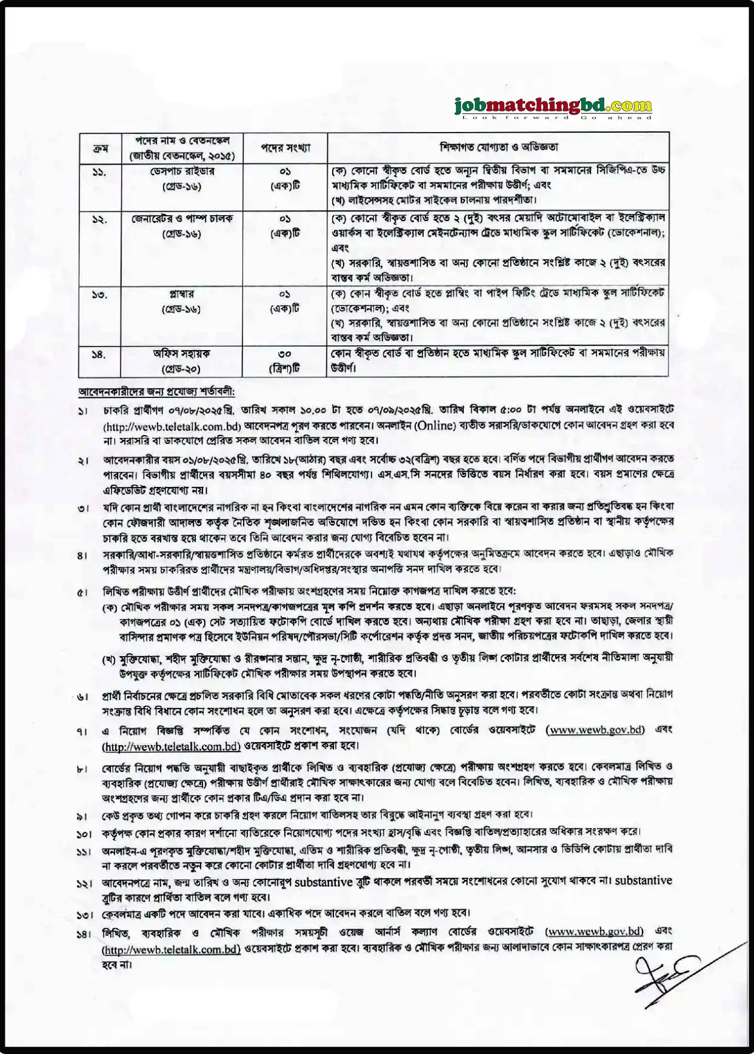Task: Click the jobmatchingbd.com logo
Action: pyautogui.click(x=553, y=108)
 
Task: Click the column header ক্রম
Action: pyautogui.click(x=99, y=148)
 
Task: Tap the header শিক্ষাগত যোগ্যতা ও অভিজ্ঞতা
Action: pyautogui.click(x=498, y=147)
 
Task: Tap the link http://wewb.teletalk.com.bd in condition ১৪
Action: pyautogui.click(x=172, y=949)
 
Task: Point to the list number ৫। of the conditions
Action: pyautogui.click(x=83, y=592)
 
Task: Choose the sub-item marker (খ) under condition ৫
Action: pyautogui.click(x=109, y=658)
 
